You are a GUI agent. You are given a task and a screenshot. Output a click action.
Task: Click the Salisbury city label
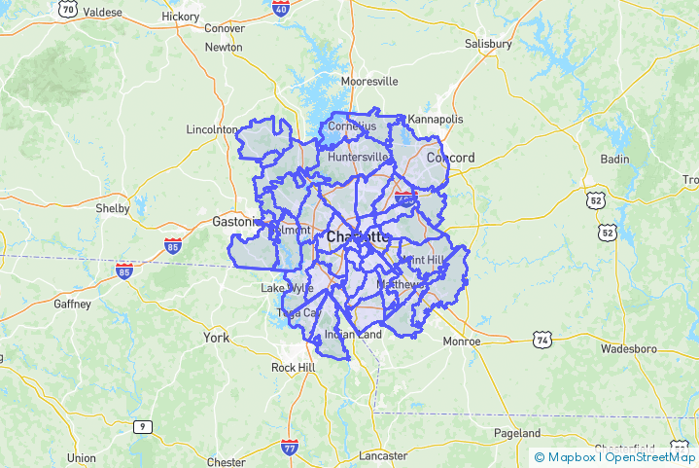tap(487, 44)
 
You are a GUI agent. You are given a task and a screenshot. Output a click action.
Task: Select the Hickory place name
tap(180, 17)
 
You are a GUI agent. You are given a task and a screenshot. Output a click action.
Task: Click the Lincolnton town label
tap(211, 129)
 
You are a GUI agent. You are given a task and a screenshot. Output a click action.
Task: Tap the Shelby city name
tap(113, 208)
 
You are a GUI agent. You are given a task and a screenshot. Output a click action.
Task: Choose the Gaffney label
tap(71, 304)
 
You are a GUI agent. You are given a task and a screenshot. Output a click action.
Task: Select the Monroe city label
tap(462, 342)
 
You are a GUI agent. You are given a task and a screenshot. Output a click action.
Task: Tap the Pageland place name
tap(517, 432)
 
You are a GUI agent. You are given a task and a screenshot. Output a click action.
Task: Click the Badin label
tap(614, 159)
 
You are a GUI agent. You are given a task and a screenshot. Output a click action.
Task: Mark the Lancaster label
tap(383, 455)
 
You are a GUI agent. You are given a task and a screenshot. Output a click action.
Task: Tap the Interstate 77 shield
tap(289, 448)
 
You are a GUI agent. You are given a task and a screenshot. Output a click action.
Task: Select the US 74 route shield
tap(542, 339)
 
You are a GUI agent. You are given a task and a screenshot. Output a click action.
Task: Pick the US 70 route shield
tap(67, 9)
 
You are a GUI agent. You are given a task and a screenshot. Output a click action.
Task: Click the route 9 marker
tap(143, 426)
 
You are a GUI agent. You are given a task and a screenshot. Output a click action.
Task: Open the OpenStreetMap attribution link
tap(650, 456)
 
